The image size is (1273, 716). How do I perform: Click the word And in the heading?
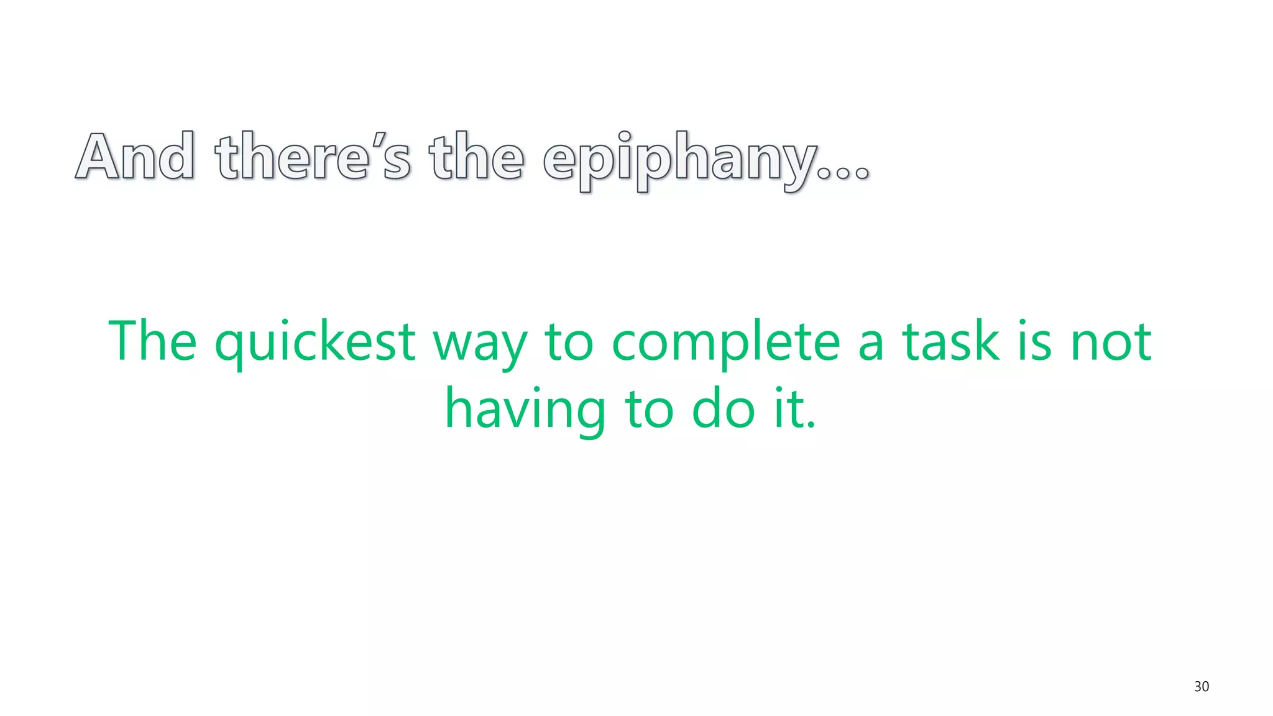pos(135,157)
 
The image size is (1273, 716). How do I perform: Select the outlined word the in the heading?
pos(476,157)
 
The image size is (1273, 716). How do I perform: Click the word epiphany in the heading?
pos(679,160)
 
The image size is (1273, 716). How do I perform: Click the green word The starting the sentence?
pos(152,341)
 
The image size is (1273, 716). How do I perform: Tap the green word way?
pos(480,345)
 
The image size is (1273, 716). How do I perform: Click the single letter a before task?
pos(871,345)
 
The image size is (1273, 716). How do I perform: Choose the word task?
pos(950,341)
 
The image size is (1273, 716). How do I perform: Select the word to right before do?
pos(649,410)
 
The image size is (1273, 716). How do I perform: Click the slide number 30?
pos(1201,687)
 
